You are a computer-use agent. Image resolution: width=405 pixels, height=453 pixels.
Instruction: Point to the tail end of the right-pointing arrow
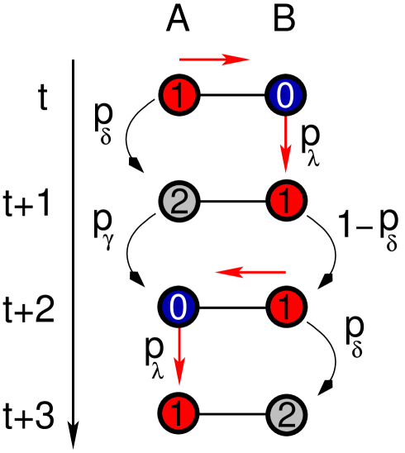click(x=181, y=60)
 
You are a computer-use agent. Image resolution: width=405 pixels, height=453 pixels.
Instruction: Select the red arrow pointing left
click(x=250, y=272)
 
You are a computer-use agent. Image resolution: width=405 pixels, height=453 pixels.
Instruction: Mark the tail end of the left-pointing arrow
click(x=284, y=272)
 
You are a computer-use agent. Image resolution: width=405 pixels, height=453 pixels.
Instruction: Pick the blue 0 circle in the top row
click(x=285, y=96)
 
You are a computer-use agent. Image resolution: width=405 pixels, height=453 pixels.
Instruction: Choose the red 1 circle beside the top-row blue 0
click(x=179, y=96)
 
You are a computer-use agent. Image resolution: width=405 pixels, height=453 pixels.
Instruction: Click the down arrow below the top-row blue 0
click(x=285, y=144)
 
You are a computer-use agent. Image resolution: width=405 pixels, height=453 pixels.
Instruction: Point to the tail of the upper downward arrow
click(x=285, y=117)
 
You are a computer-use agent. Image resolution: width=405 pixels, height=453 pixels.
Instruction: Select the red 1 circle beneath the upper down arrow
click(x=287, y=201)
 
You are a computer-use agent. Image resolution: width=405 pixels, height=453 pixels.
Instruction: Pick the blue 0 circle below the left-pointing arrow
click(x=178, y=308)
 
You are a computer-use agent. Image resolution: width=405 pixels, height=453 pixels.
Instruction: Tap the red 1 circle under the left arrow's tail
click(x=287, y=308)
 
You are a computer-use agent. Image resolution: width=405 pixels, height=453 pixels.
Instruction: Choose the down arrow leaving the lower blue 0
click(x=179, y=355)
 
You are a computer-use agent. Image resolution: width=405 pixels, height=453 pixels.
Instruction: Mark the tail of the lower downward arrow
click(x=179, y=329)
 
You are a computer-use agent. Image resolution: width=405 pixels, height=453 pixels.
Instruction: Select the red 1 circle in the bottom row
click(x=179, y=413)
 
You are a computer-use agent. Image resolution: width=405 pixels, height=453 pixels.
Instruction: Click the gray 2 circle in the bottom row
click(x=287, y=415)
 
